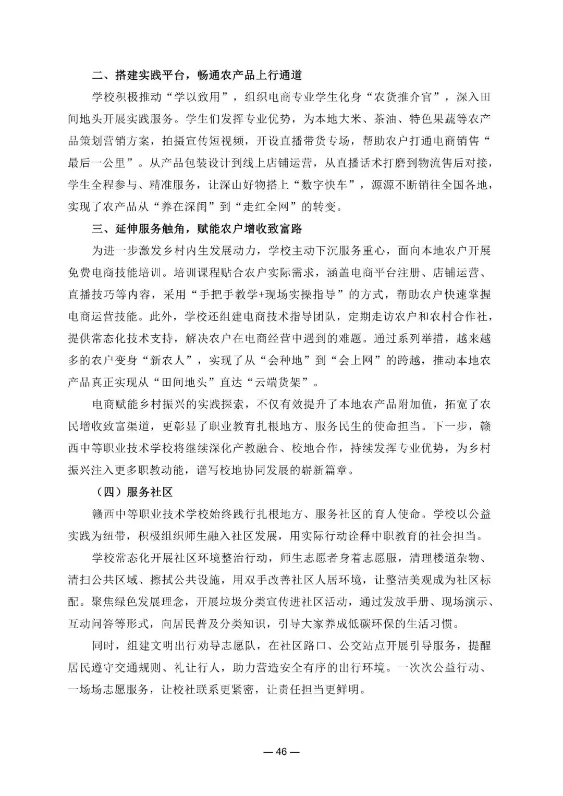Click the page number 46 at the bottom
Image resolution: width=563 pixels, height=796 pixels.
[281, 751]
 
